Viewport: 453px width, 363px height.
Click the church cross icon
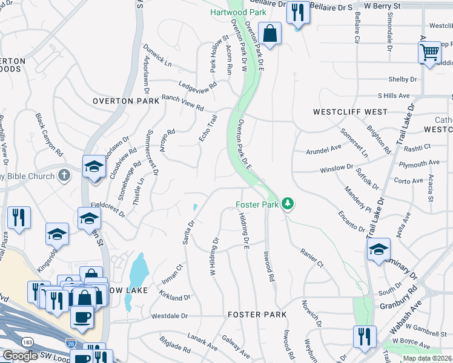click(65, 175)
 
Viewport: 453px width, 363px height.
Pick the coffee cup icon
click(81, 316)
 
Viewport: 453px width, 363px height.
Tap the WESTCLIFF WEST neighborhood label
click(350, 113)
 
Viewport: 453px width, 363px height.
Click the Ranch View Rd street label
click(182, 102)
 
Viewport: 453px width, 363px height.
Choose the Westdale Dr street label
click(170, 316)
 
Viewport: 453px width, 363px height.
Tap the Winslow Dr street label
click(336, 168)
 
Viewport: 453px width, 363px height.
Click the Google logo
click(21, 356)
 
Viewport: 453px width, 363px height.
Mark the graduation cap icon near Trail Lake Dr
click(379, 249)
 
